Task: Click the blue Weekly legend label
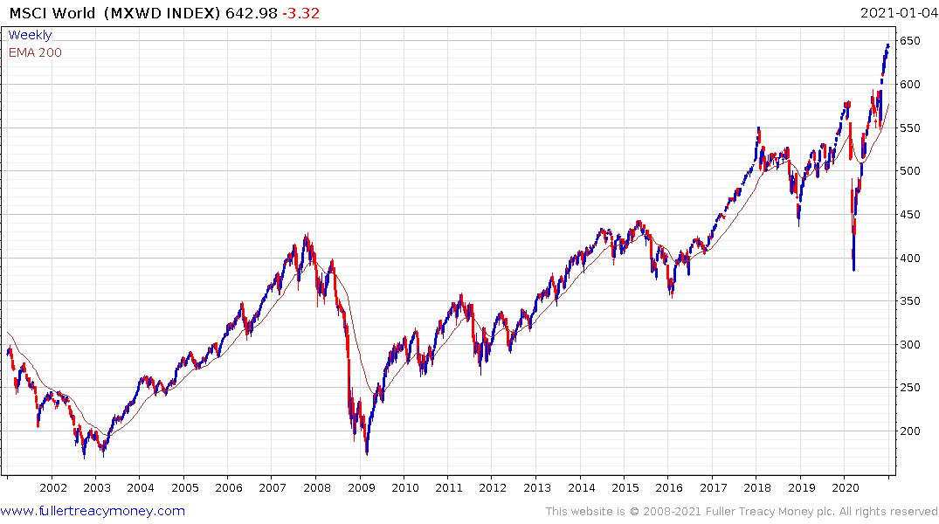[30, 35]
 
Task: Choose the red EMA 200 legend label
[35, 52]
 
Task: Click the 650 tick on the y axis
[911, 41]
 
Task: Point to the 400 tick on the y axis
[911, 258]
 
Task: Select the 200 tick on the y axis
[911, 431]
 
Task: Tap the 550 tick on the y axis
[911, 128]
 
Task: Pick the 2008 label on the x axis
[316, 487]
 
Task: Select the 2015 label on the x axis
[625, 487]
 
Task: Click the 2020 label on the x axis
[845, 487]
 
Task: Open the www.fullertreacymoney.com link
[93, 511]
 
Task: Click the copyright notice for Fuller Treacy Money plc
[742, 512]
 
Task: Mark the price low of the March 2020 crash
[853, 270]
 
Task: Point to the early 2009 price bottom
[367, 453]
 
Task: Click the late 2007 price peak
[306, 234]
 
